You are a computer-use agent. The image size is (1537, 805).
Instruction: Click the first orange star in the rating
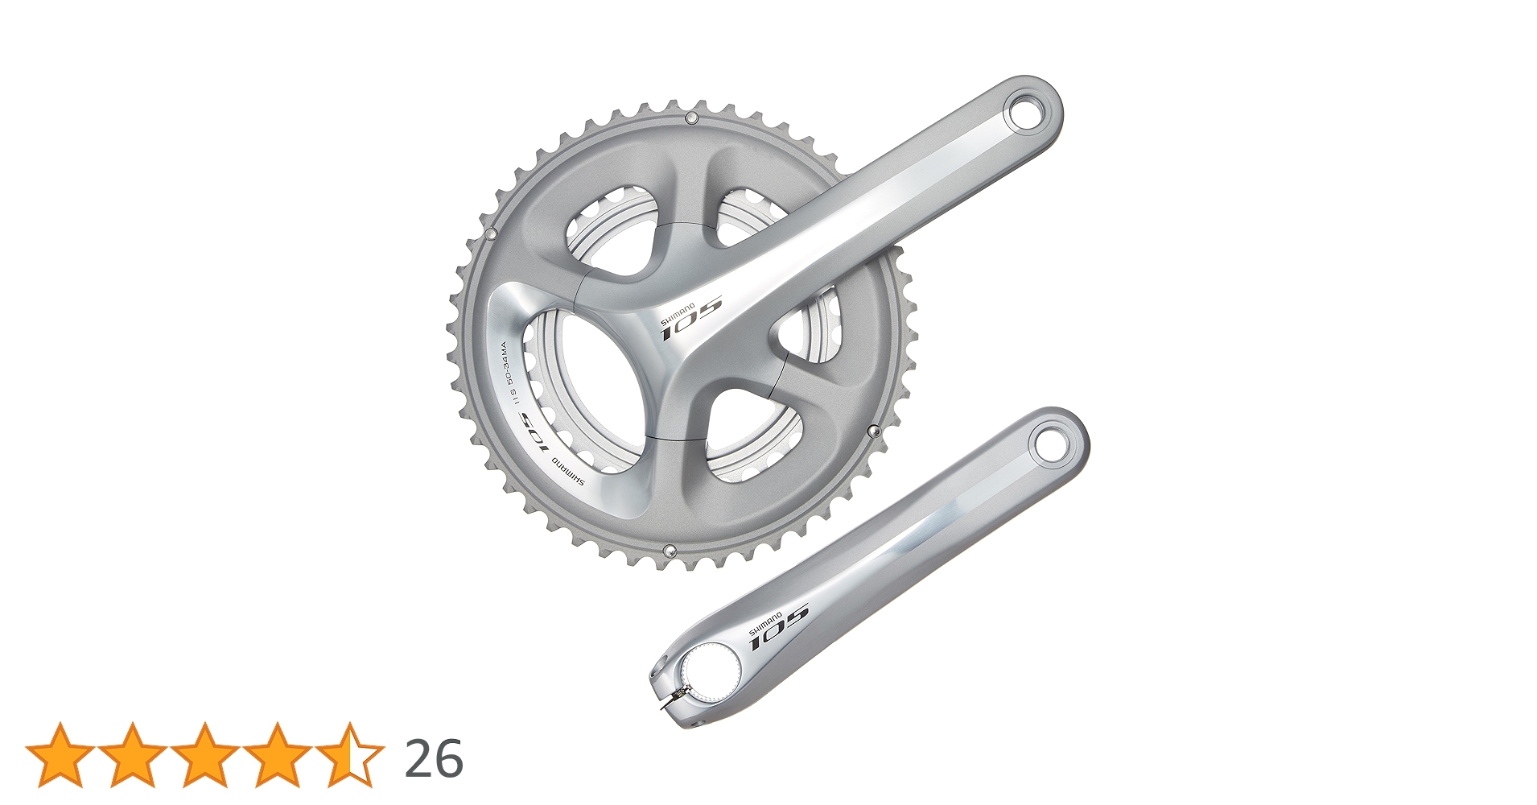click(60, 755)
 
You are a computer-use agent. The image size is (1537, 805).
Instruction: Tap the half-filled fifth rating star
click(350, 755)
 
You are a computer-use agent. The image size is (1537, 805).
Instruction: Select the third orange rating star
click(205, 755)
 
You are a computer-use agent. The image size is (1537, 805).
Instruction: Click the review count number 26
click(434, 758)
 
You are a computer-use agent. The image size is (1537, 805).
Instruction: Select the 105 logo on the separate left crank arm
click(779, 627)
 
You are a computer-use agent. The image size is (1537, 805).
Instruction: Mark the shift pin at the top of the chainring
click(690, 119)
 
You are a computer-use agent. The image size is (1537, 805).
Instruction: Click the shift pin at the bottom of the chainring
click(668, 550)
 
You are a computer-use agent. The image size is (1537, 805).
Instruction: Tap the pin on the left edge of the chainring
click(490, 234)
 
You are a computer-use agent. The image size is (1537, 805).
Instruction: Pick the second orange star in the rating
click(133, 755)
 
